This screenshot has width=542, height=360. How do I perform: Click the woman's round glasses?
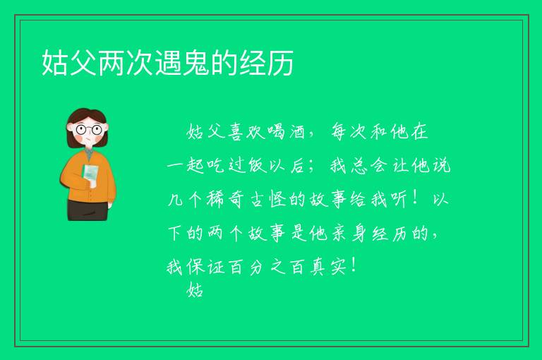[x=89, y=130]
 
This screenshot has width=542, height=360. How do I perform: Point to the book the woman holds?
[x=90, y=174]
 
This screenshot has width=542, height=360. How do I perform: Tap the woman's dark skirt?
[x=88, y=210]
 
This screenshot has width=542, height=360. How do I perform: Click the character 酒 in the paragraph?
[x=296, y=132]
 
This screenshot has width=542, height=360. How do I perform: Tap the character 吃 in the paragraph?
[x=217, y=165]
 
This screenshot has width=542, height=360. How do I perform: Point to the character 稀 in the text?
[x=215, y=199]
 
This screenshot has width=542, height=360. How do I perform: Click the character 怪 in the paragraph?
[x=277, y=199]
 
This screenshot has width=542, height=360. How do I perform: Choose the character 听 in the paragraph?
[x=398, y=199]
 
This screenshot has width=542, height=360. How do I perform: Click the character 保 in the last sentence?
[x=195, y=267]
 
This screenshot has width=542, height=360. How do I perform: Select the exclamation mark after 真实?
[x=353, y=266]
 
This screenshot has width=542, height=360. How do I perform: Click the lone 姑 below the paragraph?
[x=195, y=289]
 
